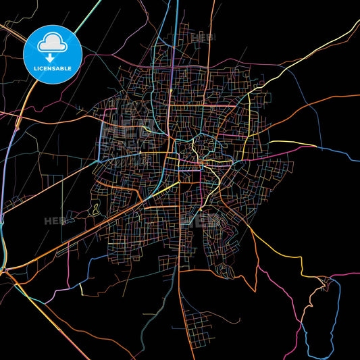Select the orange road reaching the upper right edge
(338, 97)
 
